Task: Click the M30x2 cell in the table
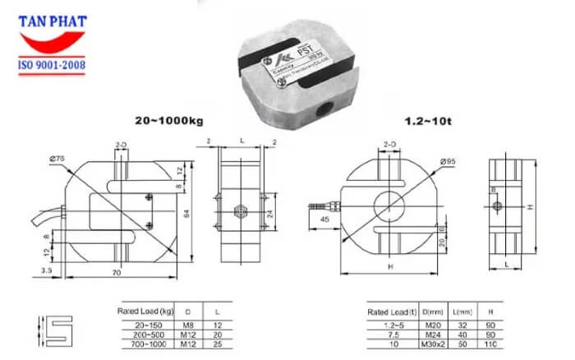click(430, 344)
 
